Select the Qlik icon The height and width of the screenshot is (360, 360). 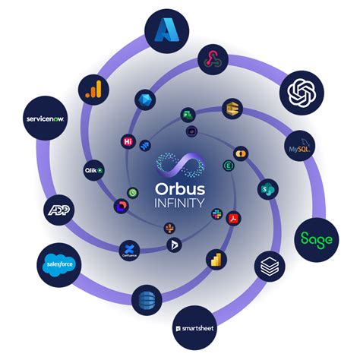point(93,170)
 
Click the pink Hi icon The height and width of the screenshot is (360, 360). point(128,141)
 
